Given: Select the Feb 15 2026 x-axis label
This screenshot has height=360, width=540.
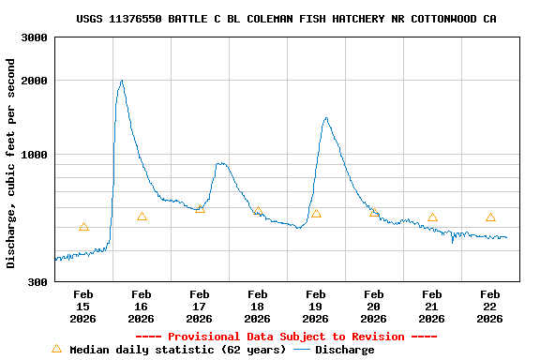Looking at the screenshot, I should click(83, 307).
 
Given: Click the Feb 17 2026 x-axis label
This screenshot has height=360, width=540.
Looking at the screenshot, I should click(200, 307).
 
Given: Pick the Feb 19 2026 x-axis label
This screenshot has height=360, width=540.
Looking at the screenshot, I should click(316, 307).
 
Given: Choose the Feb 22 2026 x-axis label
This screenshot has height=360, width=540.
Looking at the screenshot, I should click(490, 307).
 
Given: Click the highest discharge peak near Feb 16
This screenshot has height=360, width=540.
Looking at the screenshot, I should click(122, 81).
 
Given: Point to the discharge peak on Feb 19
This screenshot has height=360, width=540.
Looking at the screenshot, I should click(325, 118).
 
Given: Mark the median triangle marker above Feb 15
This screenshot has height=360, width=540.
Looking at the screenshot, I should click(83, 226).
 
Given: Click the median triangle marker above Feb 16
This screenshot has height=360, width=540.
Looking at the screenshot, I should click(142, 217).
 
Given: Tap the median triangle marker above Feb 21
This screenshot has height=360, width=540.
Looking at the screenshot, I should click(432, 217).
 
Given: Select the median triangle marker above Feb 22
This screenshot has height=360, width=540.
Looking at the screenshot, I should click(490, 217).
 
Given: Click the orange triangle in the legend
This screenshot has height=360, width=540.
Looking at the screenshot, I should click(56, 349).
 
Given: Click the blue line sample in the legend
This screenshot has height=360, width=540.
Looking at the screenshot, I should click(302, 350).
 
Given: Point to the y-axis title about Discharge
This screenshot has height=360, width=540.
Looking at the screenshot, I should click(11, 163).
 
